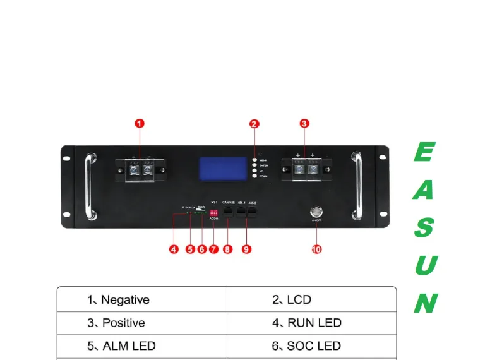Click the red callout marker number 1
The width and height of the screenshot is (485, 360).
tap(140, 124)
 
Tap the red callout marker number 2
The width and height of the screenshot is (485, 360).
tap(254, 124)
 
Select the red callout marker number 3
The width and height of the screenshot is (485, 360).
tap(304, 124)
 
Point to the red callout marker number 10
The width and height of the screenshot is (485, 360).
tap(316, 249)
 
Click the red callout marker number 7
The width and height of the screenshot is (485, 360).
tap(213, 249)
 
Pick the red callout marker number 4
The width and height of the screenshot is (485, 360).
tap(174, 249)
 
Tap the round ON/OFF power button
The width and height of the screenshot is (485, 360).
tap(315, 212)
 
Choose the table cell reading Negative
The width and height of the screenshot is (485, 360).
tap(142, 299)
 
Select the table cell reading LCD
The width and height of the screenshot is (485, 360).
tap(311, 299)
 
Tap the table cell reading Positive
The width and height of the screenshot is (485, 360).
tap(142, 323)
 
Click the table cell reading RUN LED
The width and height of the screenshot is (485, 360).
tap(311, 323)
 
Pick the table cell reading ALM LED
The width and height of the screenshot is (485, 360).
tap(142, 346)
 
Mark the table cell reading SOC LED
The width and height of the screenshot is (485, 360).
tap(311, 346)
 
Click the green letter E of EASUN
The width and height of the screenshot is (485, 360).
tap(424, 152)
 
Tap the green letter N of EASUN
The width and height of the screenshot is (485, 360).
tap(425, 304)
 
